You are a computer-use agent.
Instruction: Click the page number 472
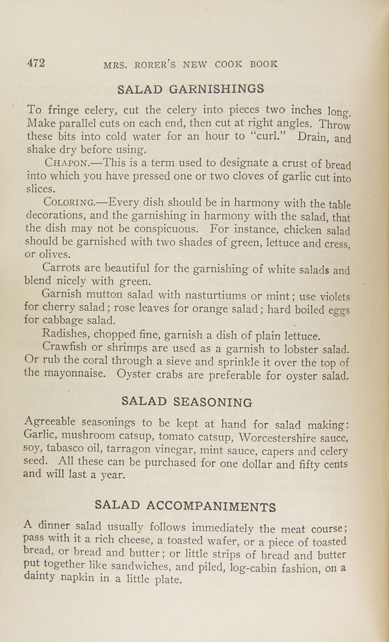point(36,63)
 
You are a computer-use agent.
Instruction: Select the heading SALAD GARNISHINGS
point(191,89)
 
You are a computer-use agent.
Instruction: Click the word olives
point(54,255)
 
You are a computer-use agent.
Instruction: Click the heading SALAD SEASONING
point(186,402)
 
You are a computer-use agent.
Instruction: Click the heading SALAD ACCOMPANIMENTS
point(185,505)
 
